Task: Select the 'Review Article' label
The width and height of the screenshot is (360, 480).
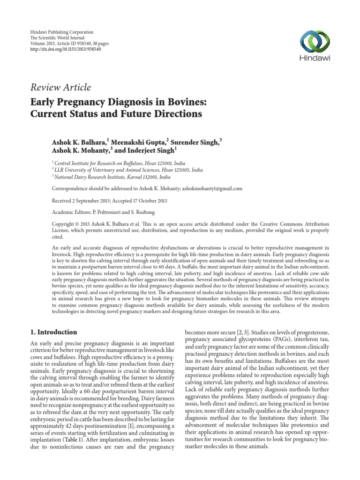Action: pyautogui.click(x=61, y=87)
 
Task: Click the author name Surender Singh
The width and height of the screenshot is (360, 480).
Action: pyautogui.click(x=195, y=141)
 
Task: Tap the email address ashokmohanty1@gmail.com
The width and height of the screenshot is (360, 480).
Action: pyautogui.click(x=212, y=188)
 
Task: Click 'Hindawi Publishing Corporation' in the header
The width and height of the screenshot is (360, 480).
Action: pyautogui.click(x=58, y=31)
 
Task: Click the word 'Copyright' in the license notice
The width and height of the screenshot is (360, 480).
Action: pyautogui.click(x=64, y=225)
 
